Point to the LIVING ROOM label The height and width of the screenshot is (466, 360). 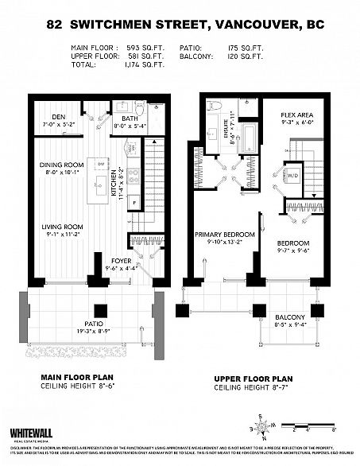click(61, 227)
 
